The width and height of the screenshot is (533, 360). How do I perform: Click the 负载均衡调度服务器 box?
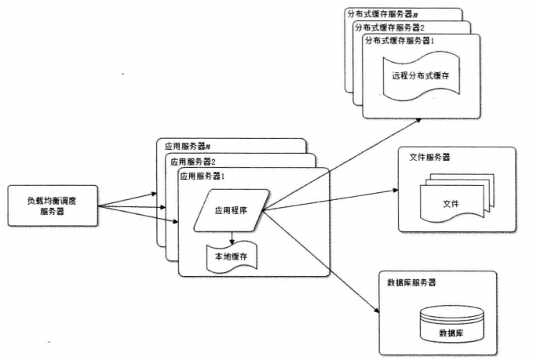53,205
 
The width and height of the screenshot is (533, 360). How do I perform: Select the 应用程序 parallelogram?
232,210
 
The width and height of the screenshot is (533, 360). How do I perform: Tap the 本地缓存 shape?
232,256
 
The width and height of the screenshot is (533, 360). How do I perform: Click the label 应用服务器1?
203,176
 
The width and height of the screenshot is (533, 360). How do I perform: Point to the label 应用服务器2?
193,162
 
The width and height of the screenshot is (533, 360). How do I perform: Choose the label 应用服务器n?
188,147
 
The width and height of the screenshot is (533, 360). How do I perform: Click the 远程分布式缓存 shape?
422,76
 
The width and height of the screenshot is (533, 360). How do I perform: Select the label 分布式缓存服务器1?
400,41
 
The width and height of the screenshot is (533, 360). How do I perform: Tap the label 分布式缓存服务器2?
390,28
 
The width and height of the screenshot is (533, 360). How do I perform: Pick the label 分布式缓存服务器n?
383,14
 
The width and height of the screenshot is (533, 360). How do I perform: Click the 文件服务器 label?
429,157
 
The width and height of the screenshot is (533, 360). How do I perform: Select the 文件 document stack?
457,198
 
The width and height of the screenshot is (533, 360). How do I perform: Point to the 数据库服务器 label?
411,282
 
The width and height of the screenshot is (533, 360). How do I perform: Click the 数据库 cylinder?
452,324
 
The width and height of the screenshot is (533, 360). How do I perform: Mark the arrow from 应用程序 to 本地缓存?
232,238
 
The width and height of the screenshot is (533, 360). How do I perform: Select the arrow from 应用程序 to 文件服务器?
330,200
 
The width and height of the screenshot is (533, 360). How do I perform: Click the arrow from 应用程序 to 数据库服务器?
321,261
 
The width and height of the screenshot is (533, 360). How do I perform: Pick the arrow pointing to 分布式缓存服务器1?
342,165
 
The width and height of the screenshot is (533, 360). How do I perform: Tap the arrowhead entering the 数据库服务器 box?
377,311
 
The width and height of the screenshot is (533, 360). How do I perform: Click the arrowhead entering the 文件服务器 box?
396,190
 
